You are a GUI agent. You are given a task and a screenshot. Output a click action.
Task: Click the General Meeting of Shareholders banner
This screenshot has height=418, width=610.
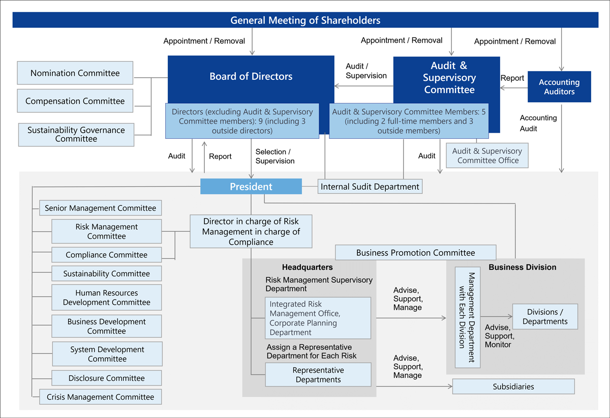point(305,20)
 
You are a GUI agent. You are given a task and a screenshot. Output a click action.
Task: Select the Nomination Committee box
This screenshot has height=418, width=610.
point(75,73)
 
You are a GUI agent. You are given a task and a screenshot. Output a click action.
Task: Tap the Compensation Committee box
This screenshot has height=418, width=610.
point(75,101)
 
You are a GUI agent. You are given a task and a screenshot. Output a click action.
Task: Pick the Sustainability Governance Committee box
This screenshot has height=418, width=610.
point(76,135)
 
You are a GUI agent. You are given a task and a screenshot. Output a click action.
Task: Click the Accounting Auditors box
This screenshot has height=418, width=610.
point(559,87)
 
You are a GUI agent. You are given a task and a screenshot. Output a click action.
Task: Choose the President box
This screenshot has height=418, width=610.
point(251,187)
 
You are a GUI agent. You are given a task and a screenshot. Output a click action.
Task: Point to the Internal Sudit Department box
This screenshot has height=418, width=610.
point(370,187)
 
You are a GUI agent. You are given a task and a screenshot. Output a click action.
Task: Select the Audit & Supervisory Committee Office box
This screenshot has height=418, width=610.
point(487,156)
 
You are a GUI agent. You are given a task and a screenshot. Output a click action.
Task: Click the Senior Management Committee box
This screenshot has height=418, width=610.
point(101,208)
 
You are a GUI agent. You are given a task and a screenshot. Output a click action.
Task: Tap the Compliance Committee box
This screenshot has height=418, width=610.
point(107,255)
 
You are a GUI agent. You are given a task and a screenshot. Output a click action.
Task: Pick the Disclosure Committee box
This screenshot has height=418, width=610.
point(107,378)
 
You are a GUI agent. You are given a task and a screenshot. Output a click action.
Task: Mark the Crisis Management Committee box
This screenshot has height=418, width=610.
point(101,397)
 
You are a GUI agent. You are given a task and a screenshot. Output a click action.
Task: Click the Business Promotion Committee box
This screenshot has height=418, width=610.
point(415,253)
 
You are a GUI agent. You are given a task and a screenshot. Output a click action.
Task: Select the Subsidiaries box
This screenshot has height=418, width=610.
point(513,386)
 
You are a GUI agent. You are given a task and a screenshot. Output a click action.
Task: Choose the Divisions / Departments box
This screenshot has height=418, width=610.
point(545,317)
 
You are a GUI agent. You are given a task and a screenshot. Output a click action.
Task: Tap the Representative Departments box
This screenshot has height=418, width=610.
point(318,375)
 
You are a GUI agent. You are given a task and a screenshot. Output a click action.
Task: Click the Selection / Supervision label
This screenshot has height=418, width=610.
point(274,156)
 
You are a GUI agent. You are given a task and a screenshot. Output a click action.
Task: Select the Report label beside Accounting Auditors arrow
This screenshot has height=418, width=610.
point(512,78)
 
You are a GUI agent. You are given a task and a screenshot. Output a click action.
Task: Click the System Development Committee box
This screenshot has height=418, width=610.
point(107,354)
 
